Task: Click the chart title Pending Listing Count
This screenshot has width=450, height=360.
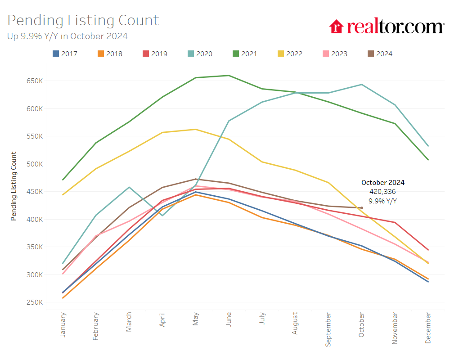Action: (83, 20)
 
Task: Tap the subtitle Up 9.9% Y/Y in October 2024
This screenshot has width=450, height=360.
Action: (67, 36)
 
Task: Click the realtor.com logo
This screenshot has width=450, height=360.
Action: (387, 27)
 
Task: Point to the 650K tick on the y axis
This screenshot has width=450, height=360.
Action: (35, 81)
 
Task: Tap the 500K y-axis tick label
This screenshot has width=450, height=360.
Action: (35, 164)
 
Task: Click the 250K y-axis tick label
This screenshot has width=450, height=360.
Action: (35, 302)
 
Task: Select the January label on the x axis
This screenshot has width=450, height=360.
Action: (63, 325)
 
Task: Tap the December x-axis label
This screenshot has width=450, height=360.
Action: (427, 328)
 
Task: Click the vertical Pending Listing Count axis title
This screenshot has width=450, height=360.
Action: (13, 186)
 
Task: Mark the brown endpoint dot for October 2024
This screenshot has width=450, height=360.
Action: (361, 208)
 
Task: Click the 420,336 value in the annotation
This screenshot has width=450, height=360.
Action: (382, 192)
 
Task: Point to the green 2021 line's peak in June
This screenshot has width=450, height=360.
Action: (229, 76)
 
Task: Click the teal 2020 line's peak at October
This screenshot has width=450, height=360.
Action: (361, 85)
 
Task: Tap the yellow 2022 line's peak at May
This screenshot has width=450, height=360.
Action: (195, 129)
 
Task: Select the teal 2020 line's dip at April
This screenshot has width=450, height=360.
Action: (162, 215)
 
